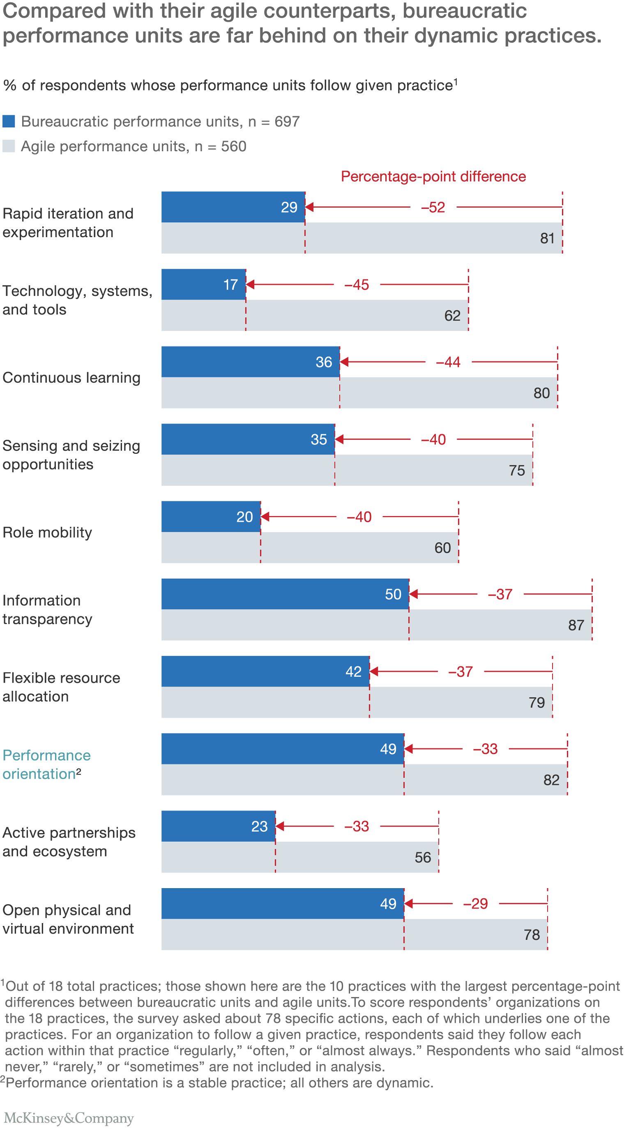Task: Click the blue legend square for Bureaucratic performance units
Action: pos(9,121)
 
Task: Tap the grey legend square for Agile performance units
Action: pos(9,146)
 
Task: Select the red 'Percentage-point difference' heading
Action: pos(433,176)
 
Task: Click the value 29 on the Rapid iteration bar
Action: pos(289,207)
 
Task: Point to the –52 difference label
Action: pos(433,207)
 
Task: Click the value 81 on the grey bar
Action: pos(547,238)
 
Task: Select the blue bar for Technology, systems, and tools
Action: pos(203,284)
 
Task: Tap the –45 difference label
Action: pos(356,285)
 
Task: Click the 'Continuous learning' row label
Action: pos(71,378)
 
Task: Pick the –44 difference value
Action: pos(448,362)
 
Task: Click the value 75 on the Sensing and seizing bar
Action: pos(517,471)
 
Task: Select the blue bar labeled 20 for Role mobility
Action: pos(210,517)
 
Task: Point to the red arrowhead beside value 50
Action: pos(413,594)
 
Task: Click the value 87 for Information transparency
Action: pos(576,626)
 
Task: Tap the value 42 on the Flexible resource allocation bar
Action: pos(353,672)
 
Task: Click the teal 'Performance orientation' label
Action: pos(46,764)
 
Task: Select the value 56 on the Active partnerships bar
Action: pos(422,858)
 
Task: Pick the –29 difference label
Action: pos(475,904)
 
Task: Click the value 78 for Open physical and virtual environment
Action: pos(532,935)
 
